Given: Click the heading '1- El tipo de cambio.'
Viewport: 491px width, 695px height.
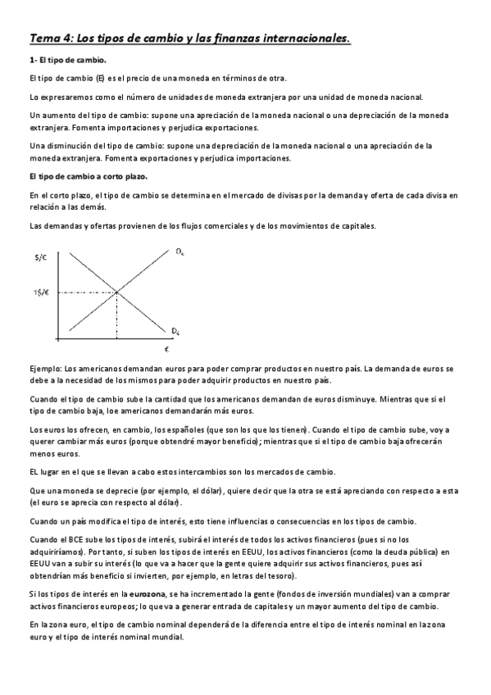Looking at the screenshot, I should [x=67, y=61].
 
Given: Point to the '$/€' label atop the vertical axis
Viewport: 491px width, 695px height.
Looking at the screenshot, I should [x=41, y=257].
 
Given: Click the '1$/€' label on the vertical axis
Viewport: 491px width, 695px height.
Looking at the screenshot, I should [x=42, y=291].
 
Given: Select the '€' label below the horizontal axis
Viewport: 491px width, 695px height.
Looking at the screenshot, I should [x=166, y=348].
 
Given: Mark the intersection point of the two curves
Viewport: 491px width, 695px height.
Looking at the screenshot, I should [x=116, y=291].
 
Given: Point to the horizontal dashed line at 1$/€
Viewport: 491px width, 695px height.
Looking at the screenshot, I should [x=86, y=291].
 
